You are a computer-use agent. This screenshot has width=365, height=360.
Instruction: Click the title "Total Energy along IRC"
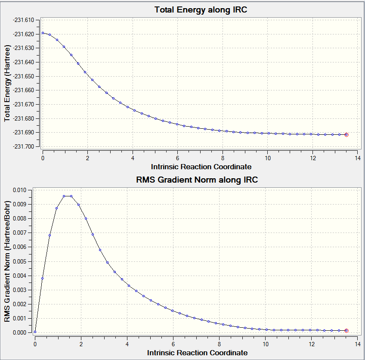pyautogui.click(x=201, y=9)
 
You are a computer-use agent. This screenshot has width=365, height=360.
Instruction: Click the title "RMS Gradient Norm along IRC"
pyautogui.click(x=197, y=180)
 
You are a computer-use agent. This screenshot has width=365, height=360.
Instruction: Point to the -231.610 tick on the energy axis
pyautogui.click(x=27, y=20)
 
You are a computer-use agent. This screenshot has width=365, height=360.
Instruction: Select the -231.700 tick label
pyautogui.click(x=27, y=147)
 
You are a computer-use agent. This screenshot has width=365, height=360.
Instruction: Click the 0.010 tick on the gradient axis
pyautogui.click(x=19, y=190)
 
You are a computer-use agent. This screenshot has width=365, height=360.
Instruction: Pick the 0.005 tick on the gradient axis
pyautogui.click(x=19, y=261)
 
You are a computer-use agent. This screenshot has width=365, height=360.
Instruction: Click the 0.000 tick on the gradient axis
pyautogui.click(x=19, y=332)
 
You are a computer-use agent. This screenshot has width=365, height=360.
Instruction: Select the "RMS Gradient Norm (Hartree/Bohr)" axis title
pyautogui.click(x=7, y=261)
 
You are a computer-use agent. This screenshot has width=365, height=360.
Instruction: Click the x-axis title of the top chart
pyautogui.click(x=201, y=167)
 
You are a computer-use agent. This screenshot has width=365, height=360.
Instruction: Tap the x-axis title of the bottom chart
pyautogui.click(x=197, y=353)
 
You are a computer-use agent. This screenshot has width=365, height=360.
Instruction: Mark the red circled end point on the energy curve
pyautogui.click(x=346, y=135)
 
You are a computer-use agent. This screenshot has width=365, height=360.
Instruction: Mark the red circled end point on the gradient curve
pyautogui.click(x=346, y=331)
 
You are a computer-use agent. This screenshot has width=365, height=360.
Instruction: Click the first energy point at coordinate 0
pyautogui.click(x=43, y=33)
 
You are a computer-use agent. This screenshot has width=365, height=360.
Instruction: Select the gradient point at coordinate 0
pyautogui.click(x=35, y=332)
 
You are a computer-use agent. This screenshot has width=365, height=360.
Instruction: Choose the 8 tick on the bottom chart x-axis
pyautogui.click(x=220, y=344)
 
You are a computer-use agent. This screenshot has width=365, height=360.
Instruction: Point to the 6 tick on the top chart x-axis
pyautogui.click(x=177, y=158)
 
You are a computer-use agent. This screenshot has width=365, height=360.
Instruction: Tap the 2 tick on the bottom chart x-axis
pyautogui.click(x=81, y=344)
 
